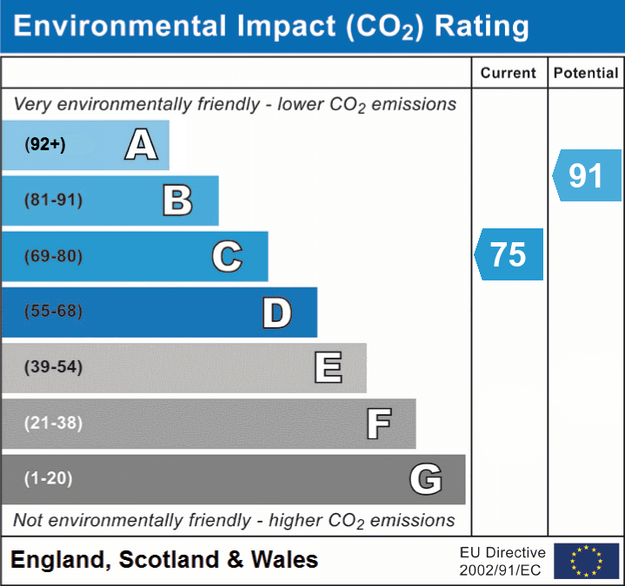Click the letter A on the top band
141,145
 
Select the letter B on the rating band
178,201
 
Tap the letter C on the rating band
227,256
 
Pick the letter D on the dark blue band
276,313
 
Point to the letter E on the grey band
328,368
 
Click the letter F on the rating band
378,424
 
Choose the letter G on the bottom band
426,479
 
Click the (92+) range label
45,145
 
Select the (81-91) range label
54,201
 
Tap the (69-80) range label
54,256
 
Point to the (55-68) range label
54,312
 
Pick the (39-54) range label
54,367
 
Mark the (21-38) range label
54,423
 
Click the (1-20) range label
49,478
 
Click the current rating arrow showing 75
509,254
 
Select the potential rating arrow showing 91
588,175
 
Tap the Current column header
509,74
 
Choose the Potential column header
586,74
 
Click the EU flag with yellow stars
586,561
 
